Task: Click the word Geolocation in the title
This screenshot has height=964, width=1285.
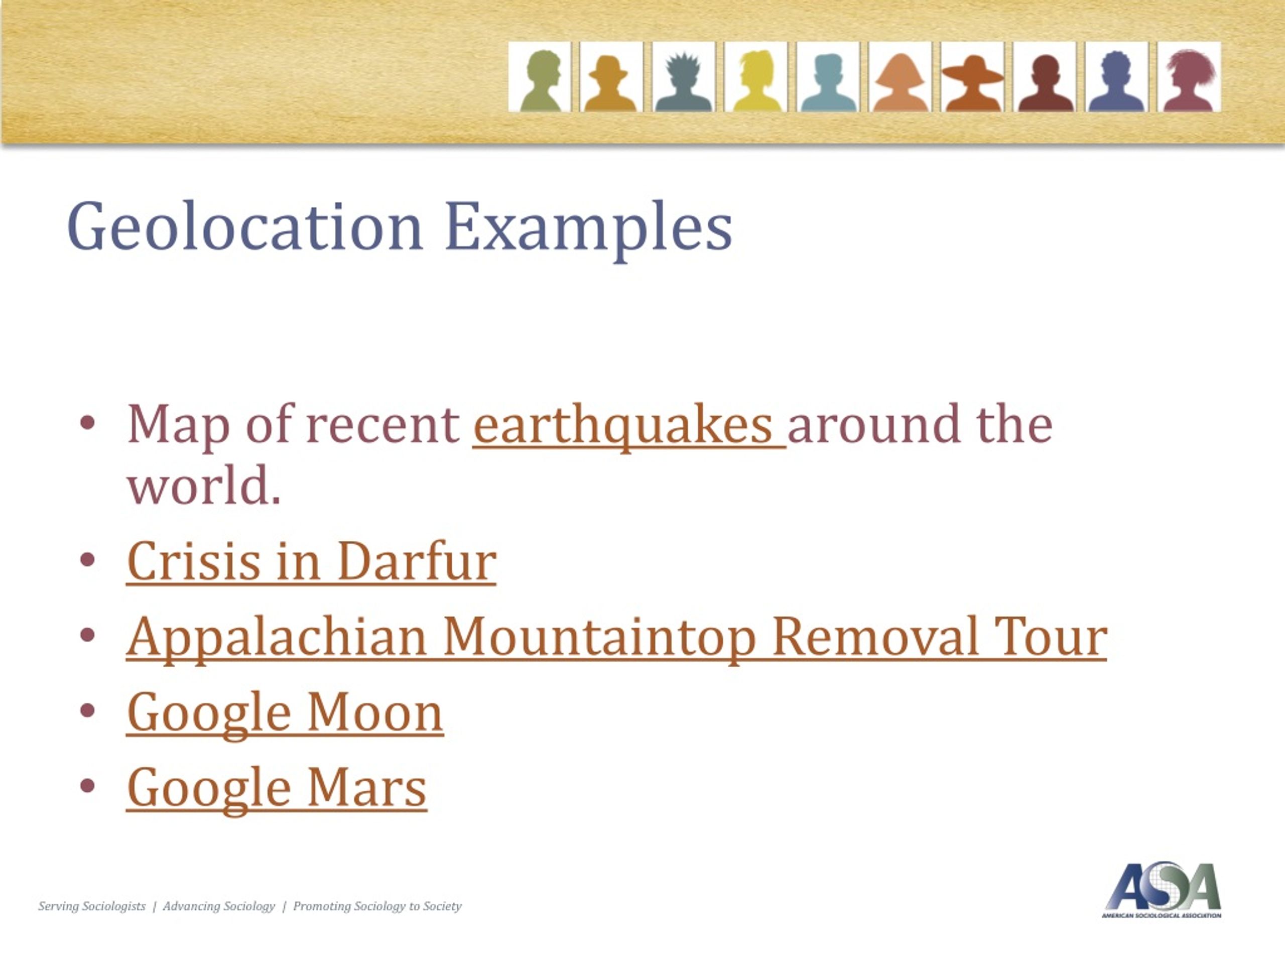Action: (x=244, y=226)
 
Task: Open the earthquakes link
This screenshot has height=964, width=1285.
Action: (x=628, y=425)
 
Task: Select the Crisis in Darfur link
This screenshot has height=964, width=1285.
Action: (x=311, y=561)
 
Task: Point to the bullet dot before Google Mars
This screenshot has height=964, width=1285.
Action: (x=87, y=786)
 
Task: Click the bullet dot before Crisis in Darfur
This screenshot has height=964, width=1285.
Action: (x=87, y=560)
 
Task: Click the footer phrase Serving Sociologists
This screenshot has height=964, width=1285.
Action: (x=92, y=906)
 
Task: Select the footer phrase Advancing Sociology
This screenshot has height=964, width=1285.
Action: (x=218, y=906)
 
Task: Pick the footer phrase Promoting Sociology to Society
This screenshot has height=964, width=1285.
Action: (x=377, y=906)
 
